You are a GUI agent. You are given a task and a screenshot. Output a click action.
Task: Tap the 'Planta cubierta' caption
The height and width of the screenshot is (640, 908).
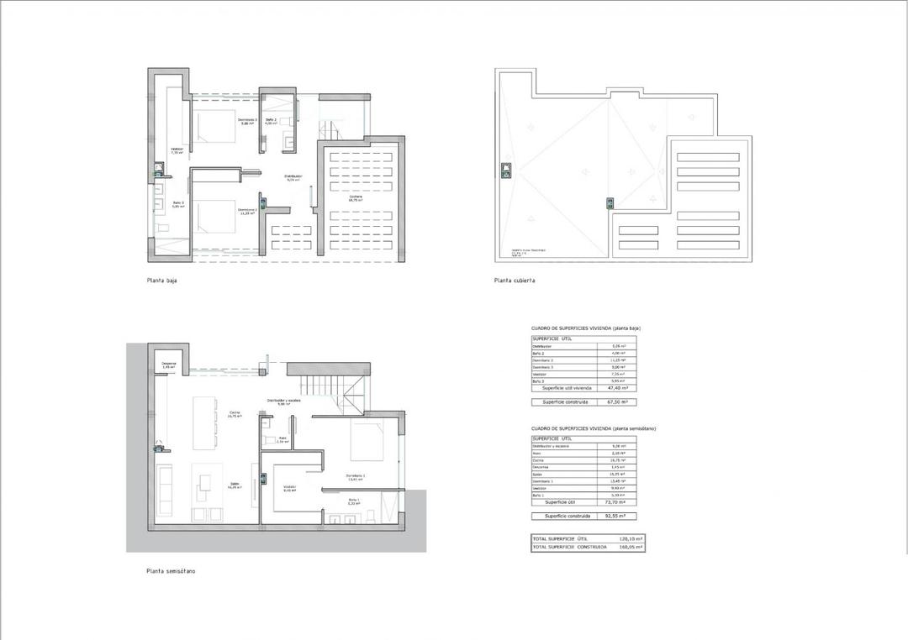point(515,281)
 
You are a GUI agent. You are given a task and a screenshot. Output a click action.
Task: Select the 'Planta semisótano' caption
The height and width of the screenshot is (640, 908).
point(172,571)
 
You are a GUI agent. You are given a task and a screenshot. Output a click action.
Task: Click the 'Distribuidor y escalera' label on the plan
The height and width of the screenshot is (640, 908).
point(283,401)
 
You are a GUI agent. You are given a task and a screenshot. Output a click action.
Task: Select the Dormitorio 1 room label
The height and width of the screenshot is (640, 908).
point(355,476)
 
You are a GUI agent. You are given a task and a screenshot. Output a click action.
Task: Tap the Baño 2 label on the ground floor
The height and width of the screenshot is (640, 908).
point(271,121)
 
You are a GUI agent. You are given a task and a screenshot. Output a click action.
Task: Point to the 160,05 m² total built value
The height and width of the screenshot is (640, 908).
point(631,547)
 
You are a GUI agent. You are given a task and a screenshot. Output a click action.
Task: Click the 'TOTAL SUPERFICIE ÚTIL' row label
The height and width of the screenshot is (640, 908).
point(560,538)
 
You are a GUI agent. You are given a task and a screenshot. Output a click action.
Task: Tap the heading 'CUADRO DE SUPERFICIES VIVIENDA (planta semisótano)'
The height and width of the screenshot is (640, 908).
point(594,429)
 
